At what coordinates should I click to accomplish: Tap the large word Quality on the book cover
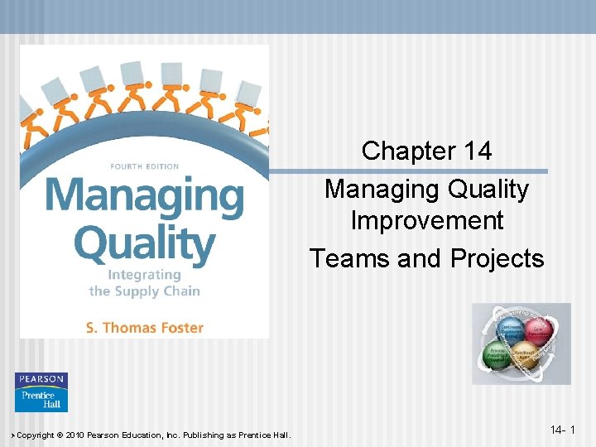pyautogui.click(x=144, y=243)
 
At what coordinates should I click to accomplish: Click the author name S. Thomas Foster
pyautogui.click(x=144, y=327)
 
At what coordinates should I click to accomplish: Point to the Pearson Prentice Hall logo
pyautogui.click(x=41, y=392)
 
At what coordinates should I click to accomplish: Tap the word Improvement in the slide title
pyautogui.click(x=426, y=221)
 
